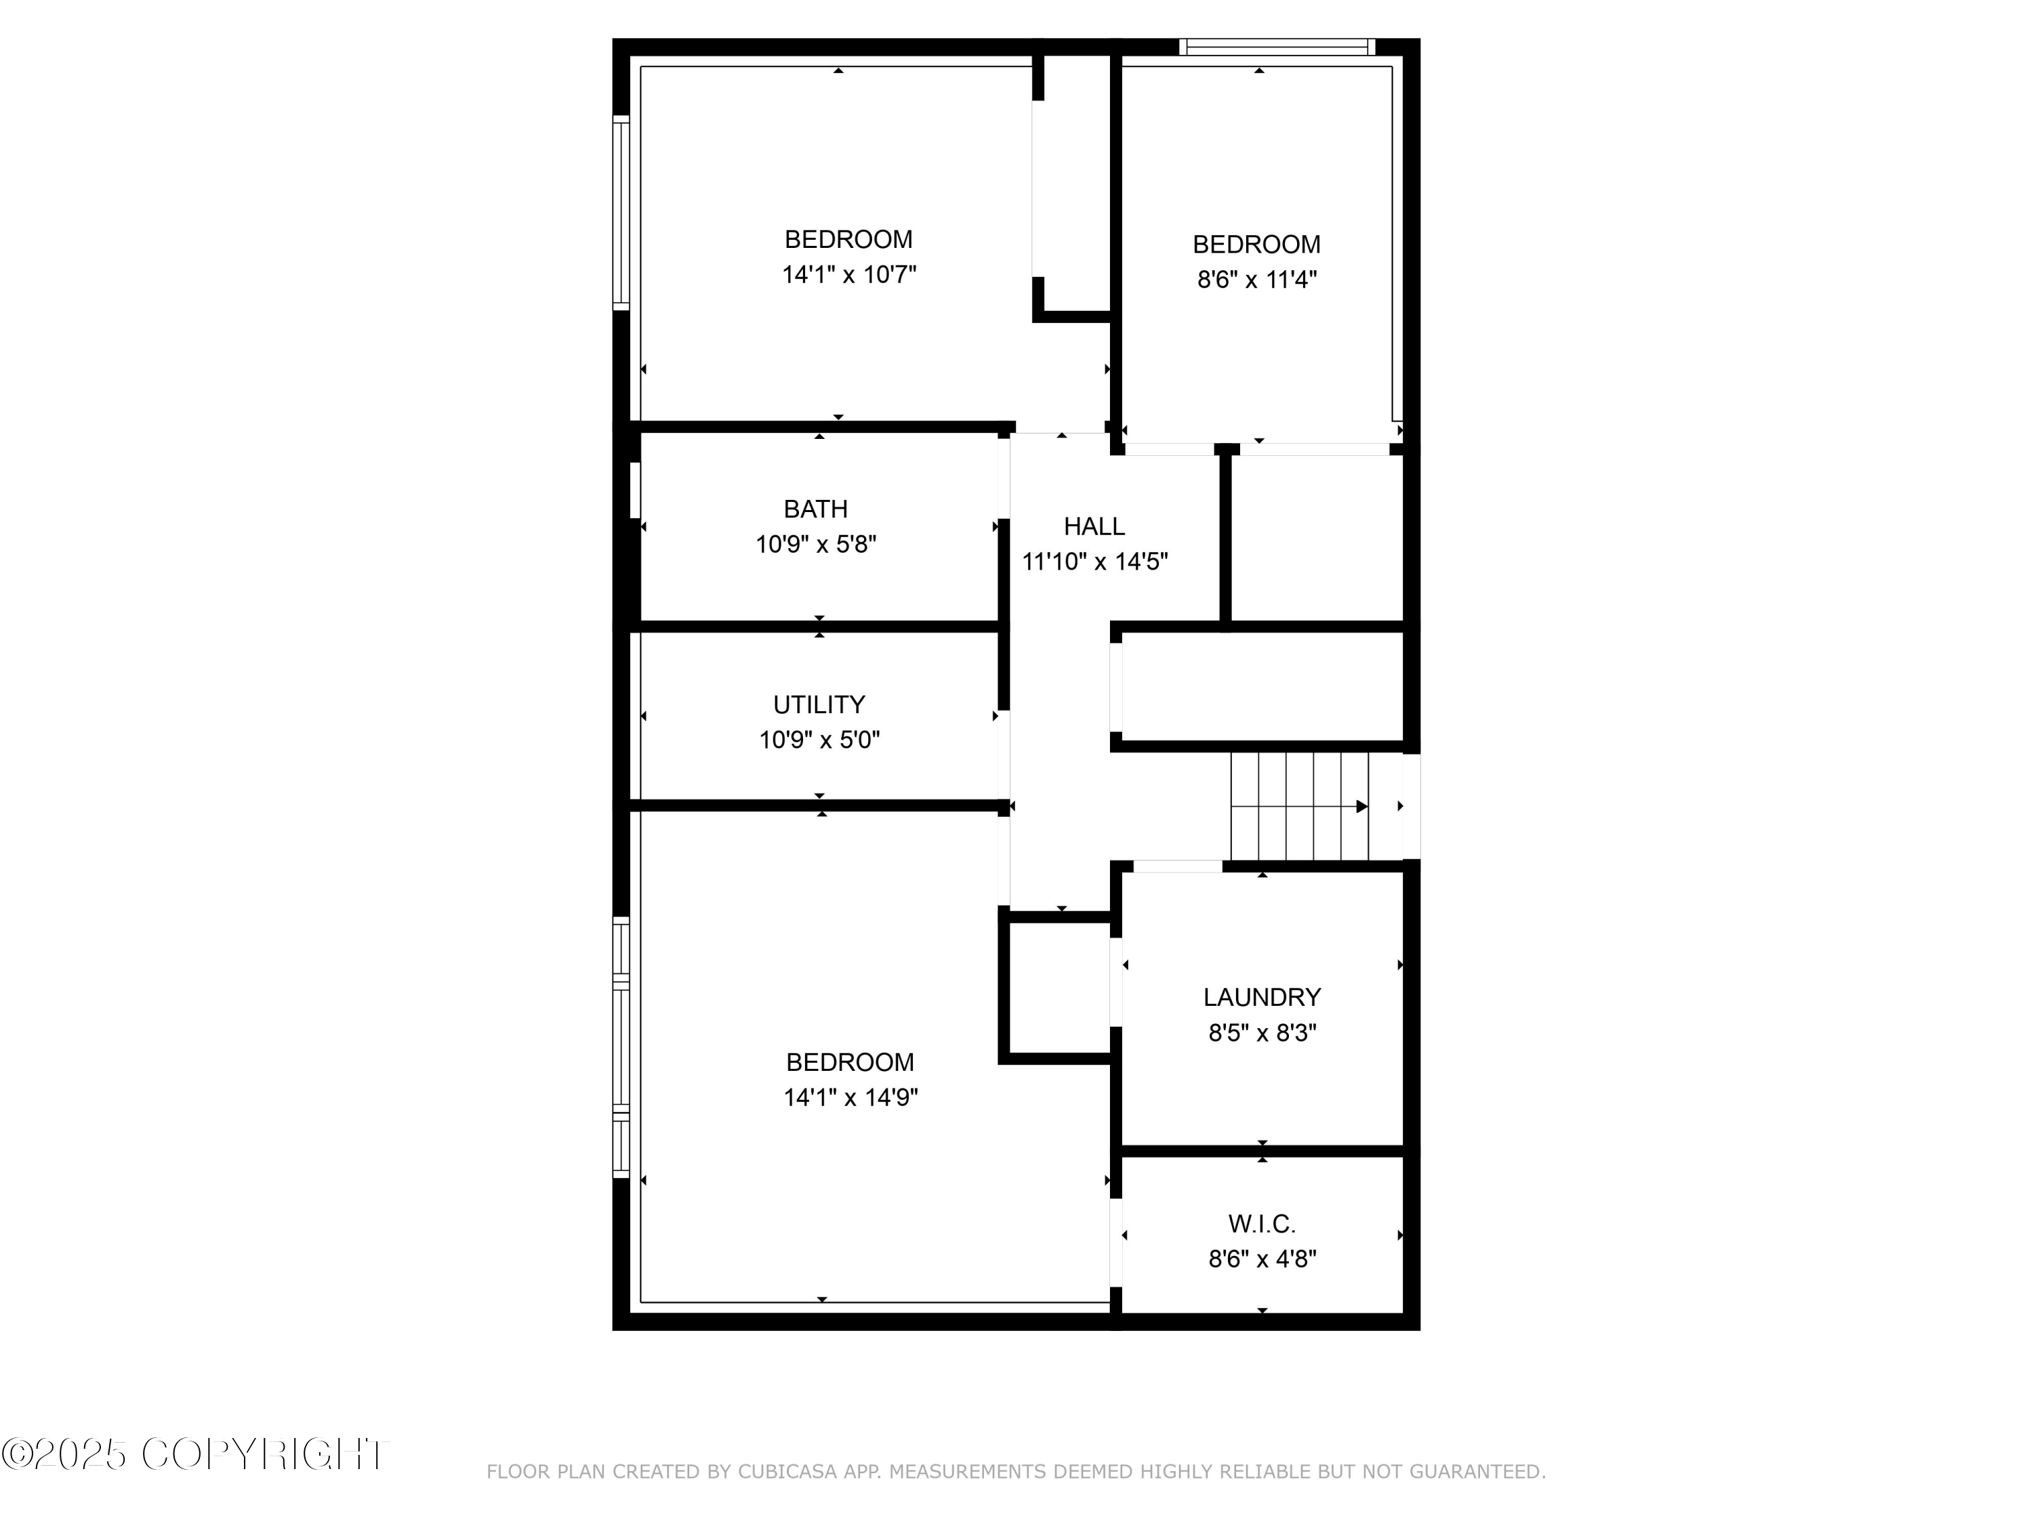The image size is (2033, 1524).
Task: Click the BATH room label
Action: pyautogui.click(x=815, y=509)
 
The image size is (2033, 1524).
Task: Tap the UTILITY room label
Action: pyautogui.click(x=819, y=704)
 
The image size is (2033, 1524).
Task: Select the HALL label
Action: pyautogui.click(x=1094, y=526)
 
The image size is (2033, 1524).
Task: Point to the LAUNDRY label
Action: pyautogui.click(x=1262, y=997)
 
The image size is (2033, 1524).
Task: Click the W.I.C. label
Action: pyautogui.click(x=1262, y=1224)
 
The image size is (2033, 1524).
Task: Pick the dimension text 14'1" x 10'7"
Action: pyautogui.click(x=849, y=275)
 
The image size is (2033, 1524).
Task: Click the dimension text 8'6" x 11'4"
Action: pyautogui.click(x=1256, y=279)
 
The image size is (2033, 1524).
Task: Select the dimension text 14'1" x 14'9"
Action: pyautogui.click(x=850, y=1097)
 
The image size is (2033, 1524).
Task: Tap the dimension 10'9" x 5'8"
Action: pyautogui.click(x=815, y=545)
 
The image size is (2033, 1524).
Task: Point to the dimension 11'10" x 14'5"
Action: pyautogui.click(x=1094, y=562)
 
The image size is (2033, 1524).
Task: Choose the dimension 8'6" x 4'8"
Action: pyautogui.click(x=1262, y=1258)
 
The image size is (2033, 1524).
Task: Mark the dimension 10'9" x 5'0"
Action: pyautogui.click(x=819, y=740)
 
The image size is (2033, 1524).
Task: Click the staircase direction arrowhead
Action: pyautogui.click(x=1362, y=807)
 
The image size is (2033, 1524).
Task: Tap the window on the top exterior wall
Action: pyautogui.click(x=1277, y=47)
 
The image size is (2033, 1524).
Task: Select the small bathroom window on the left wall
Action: pyautogui.click(x=634, y=490)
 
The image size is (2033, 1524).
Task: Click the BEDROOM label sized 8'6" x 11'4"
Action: pyautogui.click(x=1256, y=245)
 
